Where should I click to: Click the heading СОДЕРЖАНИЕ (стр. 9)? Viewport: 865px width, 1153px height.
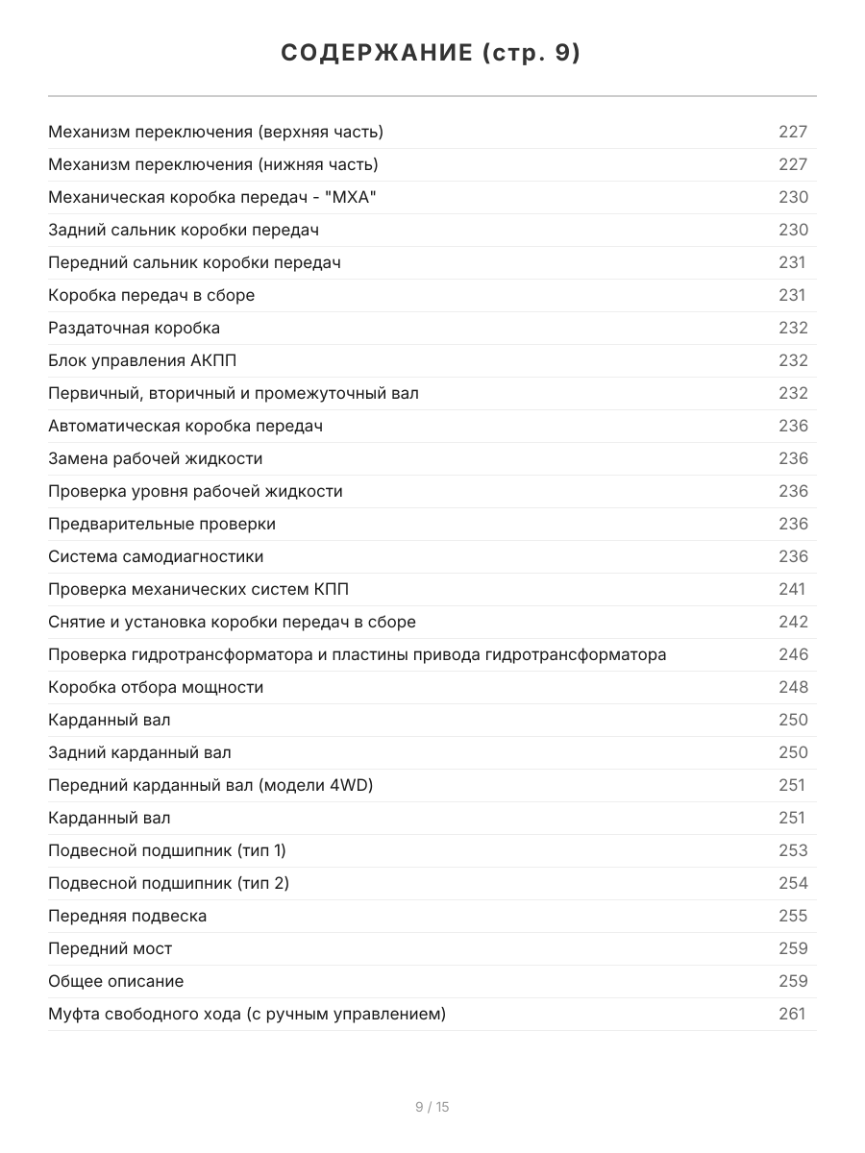pos(432,54)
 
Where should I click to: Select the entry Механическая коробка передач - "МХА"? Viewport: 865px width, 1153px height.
pos(211,197)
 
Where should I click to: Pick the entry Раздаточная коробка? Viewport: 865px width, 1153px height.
pos(134,328)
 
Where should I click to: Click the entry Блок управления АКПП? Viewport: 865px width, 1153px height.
pos(142,360)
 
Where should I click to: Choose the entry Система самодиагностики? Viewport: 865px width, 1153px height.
pos(156,556)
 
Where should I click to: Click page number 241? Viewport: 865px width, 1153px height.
pos(792,589)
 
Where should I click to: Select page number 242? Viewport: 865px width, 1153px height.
pos(793,622)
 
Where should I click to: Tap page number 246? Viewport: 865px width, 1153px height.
pos(793,654)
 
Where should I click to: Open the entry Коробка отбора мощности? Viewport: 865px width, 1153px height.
pos(156,687)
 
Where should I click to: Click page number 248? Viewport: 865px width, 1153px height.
pos(793,687)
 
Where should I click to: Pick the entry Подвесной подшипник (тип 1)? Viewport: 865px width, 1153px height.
pos(167,850)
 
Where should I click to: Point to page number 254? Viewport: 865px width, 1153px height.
pos(793,883)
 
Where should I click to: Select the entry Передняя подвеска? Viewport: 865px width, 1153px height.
pos(127,916)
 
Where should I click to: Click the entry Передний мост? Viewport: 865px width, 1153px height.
pos(111,948)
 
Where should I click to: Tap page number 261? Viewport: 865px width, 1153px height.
pos(792,1014)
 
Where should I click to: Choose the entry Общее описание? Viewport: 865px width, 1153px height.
pos(115,981)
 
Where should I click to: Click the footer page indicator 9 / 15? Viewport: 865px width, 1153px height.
pos(432,1107)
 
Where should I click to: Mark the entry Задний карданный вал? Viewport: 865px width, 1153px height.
pos(139,752)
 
